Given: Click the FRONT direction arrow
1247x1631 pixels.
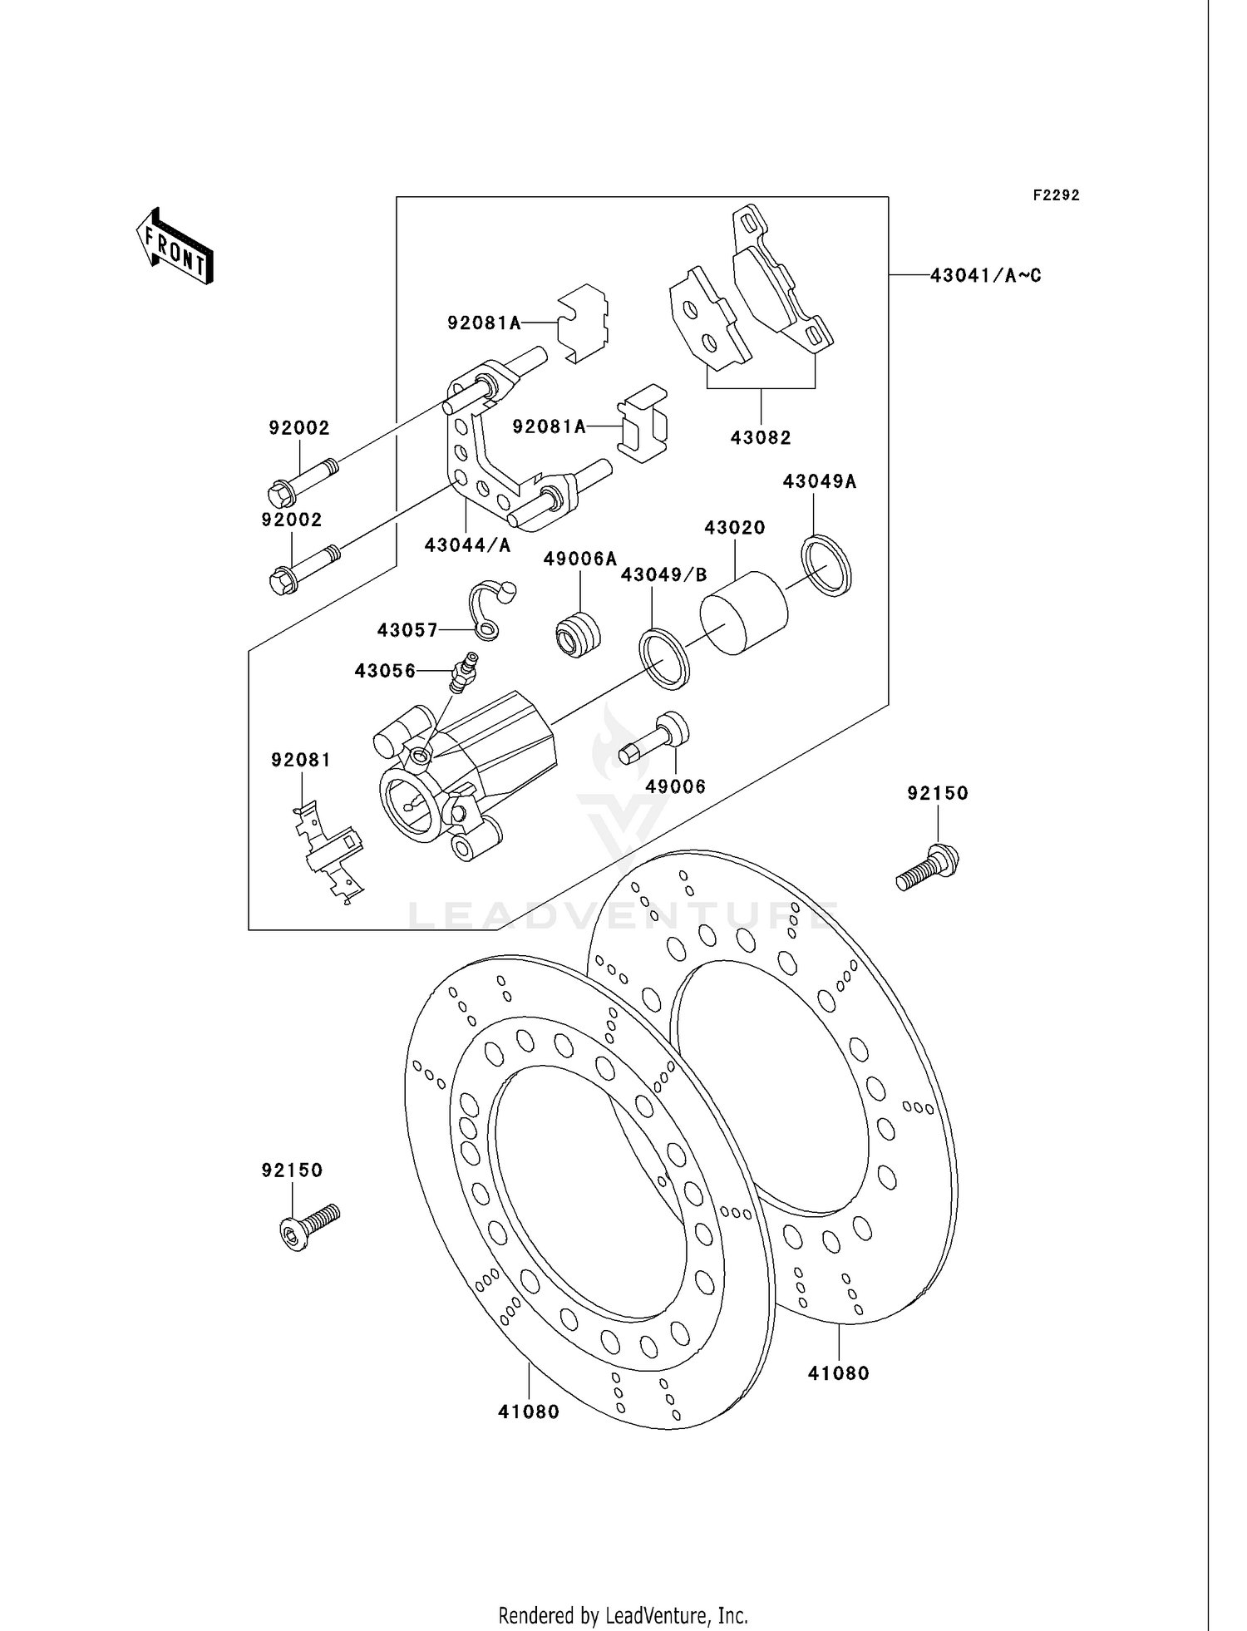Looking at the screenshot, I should coord(175,247).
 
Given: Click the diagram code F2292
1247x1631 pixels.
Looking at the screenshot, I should coord(1056,195).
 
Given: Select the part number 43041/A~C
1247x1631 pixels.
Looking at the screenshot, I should coord(985,275).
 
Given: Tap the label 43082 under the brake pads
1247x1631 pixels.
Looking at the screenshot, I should coord(761,437).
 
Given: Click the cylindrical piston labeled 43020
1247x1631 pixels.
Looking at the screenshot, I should coord(742,613).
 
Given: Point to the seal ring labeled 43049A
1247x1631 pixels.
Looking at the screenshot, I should coord(826,566).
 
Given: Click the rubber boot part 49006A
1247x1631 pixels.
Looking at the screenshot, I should coord(576,633).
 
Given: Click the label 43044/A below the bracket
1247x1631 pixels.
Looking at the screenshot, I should coord(467,545).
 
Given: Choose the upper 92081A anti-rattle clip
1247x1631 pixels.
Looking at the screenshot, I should coord(582,323).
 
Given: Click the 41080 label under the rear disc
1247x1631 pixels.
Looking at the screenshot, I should coord(838,1374).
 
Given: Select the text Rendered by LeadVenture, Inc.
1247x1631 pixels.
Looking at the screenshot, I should coord(623,1615).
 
